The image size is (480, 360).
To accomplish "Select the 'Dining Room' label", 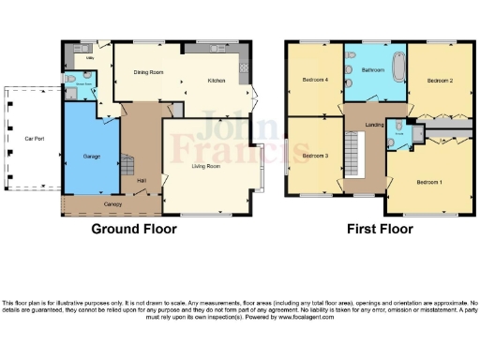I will pos(148,72).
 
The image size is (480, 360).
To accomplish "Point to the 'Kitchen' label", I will pos(217,81).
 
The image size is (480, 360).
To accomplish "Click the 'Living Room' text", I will pos(206,165).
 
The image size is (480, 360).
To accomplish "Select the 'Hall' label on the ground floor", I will pos(142,180).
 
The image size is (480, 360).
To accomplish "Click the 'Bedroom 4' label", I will pos(315,81).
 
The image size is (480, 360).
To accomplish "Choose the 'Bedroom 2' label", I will pos(440,82).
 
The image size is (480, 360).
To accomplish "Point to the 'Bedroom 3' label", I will pos(316,155).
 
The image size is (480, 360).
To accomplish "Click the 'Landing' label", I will pos(373,125).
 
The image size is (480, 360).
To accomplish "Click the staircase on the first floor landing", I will pos(353,150).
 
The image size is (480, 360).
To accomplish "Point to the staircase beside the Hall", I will pos(127,169).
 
